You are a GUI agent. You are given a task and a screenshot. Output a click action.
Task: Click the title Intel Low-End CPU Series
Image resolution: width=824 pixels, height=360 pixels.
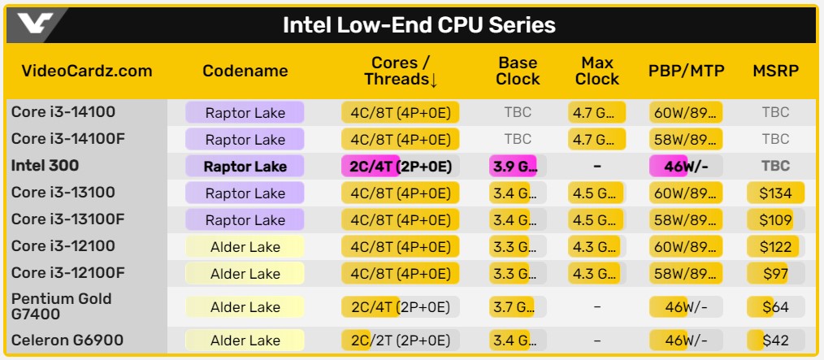coord(419,25)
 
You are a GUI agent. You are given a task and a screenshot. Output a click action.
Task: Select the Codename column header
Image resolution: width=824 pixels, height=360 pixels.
coord(245,71)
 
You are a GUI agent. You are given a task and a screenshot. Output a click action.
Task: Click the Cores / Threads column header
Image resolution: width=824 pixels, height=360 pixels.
coord(401,71)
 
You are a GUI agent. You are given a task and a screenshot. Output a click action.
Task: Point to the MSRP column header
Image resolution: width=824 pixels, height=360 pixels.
coord(774,71)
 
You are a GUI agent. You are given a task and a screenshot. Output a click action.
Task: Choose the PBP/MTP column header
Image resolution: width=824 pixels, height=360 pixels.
coord(687,71)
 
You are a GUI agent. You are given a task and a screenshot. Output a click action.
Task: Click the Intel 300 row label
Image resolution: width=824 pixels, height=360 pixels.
coord(45,166)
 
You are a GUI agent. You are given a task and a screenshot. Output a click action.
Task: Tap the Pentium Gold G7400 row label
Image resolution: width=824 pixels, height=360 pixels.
coord(61,306)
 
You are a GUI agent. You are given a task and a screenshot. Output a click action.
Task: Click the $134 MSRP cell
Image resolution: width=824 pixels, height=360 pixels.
coord(774,193)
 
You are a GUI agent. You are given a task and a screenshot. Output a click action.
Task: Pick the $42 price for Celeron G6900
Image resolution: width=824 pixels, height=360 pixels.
coord(774,340)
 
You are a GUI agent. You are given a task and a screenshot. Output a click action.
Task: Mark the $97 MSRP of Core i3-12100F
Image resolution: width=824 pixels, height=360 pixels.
coord(774,273)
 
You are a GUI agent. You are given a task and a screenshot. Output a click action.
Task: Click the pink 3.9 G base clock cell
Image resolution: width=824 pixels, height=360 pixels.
coord(517,167)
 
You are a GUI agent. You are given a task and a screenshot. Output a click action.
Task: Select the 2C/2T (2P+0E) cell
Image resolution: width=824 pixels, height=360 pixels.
coord(401,340)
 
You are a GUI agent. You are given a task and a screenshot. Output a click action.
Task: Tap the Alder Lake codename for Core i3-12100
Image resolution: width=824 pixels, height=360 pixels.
coord(245,247)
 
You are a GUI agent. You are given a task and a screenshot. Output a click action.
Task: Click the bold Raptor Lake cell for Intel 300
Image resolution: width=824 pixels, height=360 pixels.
coord(245,167)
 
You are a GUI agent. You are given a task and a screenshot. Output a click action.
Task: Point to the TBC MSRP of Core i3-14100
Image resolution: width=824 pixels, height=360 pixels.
coord(774,113)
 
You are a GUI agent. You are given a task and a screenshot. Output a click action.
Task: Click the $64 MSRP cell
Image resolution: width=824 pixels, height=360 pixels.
coord(774,306)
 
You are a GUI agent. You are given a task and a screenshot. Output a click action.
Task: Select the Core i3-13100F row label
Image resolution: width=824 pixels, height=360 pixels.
coord(68,219)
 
